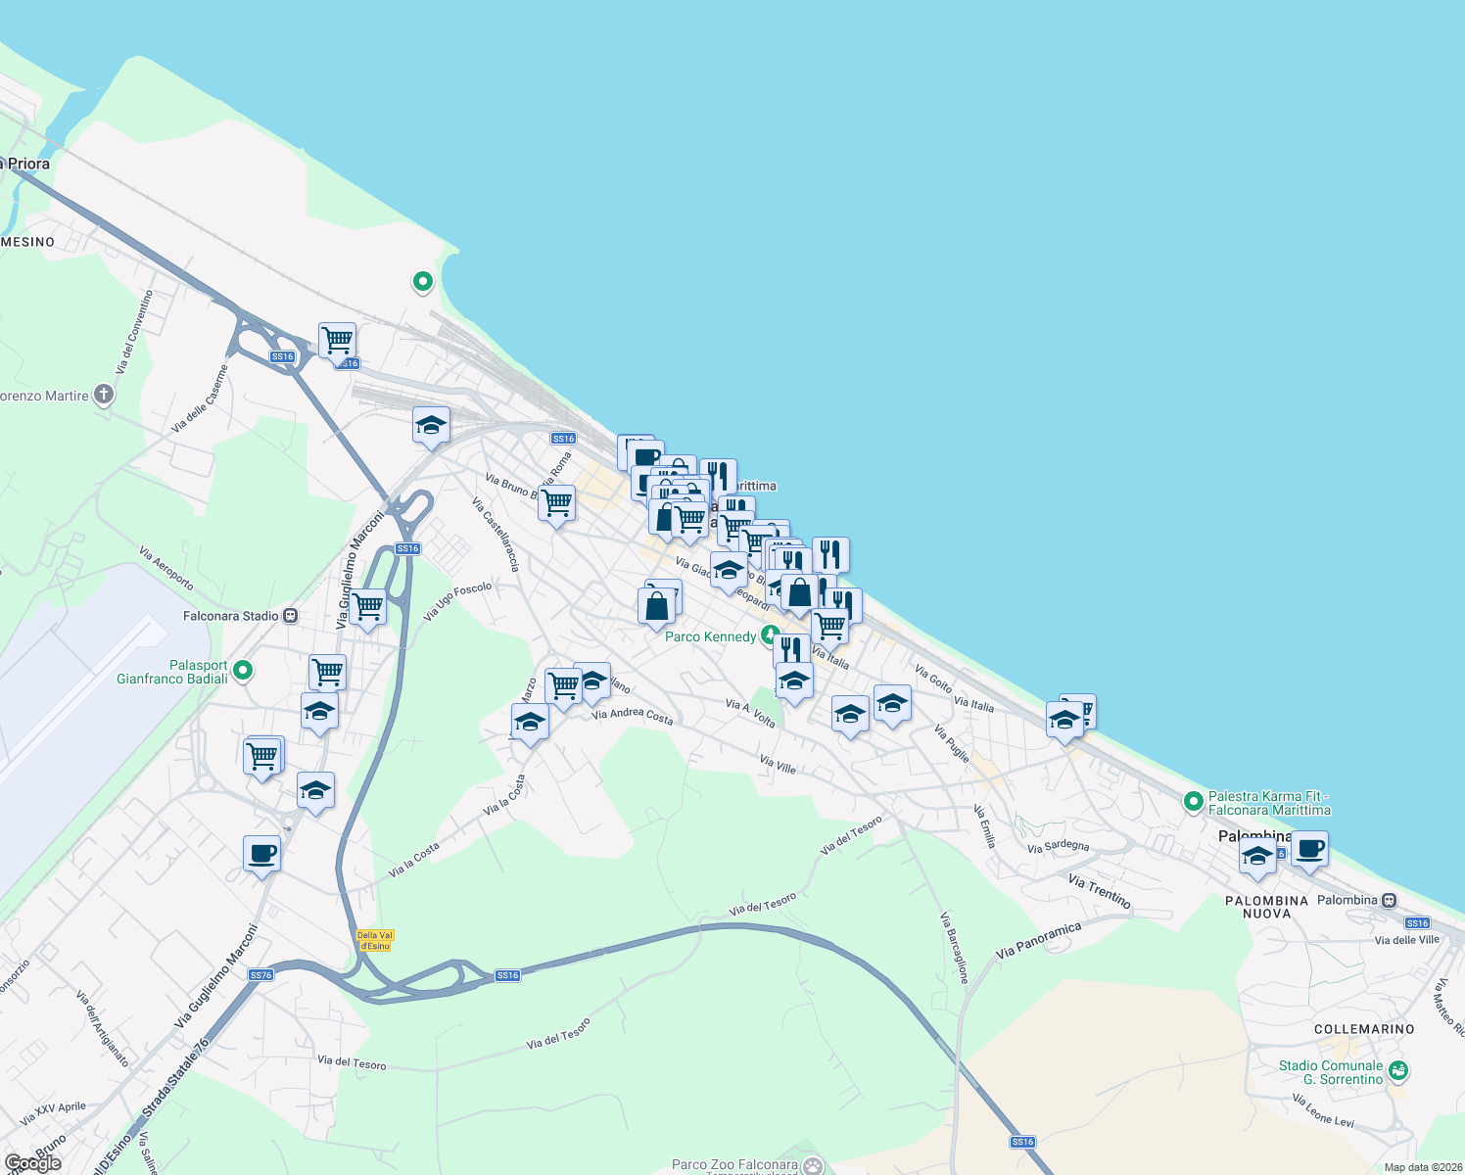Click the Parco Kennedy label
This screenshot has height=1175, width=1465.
coord(711,636)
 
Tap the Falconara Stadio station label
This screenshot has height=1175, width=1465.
coord(231,616)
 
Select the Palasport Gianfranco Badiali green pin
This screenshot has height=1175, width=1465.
coord(243,671)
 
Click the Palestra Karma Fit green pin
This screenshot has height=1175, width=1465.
coord(1193,802)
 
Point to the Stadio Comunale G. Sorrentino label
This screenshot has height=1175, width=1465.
coord(1331,1072)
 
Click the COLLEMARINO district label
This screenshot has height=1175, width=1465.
coord(1364,1029)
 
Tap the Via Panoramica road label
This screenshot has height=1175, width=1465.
coord(1038,940)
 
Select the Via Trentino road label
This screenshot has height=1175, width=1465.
coord(1099,891)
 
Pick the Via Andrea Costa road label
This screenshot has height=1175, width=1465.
coord(633,716)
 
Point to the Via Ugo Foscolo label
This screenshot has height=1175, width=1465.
coord(457,601)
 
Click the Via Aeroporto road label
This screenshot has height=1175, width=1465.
coord(166,568)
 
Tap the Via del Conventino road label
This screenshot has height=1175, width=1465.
coord(134,331)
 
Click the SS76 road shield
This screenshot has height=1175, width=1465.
coord(260,974)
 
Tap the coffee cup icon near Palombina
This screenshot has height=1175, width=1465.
coord(1309,848)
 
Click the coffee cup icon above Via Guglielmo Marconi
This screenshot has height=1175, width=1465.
coord(261,854)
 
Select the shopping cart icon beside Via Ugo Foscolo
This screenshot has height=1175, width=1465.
coord(368,608)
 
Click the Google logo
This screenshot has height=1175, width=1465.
coord(32,1162)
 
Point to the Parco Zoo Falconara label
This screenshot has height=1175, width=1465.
coord(734,1165)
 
